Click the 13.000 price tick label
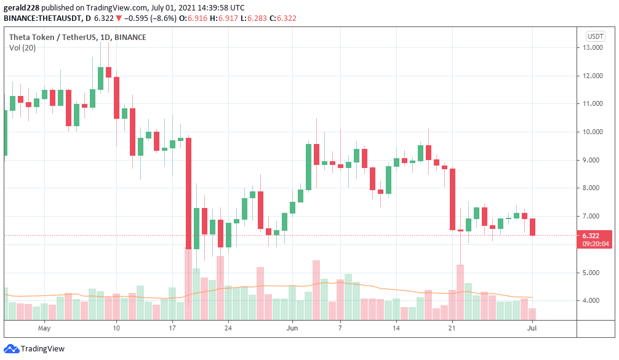click(593, 47)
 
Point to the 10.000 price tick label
click(593, 132)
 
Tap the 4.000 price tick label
click(593, 300)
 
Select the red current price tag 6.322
click(595, 234)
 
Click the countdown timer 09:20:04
click(595, 244)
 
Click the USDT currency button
click(595, 36)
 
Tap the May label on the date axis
click(44, 329)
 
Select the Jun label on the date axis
click(292, 329)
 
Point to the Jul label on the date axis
click(533, 329)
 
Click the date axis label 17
click(173, 329)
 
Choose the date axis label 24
click(228, 329)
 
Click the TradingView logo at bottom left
click(35, 349)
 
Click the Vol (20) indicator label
click(23, 48)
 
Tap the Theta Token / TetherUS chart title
click(78, 37)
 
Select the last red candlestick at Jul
click(532, 226)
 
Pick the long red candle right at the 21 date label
click(452, 199)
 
